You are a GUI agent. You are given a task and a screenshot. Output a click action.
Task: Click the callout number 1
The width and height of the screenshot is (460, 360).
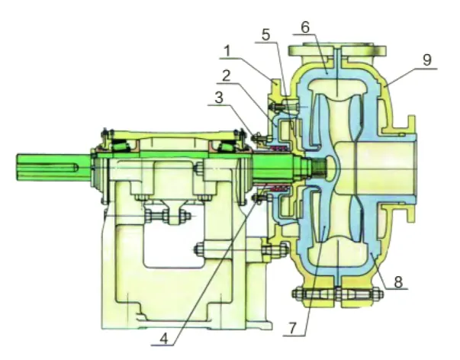(227, 52)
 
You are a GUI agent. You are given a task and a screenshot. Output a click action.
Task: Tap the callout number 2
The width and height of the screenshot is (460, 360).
(227, 76)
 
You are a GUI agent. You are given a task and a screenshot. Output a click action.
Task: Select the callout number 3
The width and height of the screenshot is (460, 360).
(219, 98)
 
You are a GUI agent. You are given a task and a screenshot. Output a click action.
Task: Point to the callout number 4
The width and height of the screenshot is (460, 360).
(164, 339)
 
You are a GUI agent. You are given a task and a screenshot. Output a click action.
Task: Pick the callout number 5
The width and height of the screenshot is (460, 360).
(265, 35)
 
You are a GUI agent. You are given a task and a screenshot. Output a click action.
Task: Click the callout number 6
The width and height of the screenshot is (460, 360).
(305, 27)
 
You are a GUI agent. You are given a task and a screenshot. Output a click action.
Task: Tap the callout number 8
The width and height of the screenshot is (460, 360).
(397, 282)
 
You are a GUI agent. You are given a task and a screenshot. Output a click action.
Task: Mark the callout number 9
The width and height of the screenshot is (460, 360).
(427, 59)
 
